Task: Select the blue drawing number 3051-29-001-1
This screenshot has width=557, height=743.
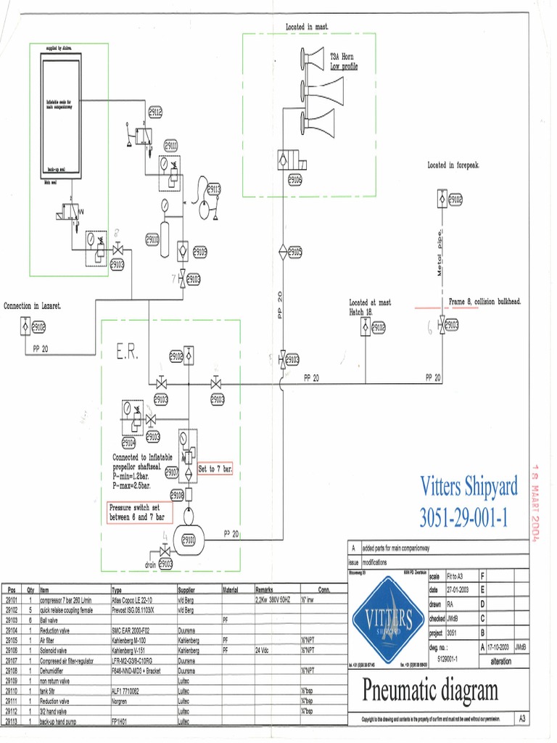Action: click(x=469, y=517)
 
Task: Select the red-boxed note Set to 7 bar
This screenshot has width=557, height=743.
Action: click(x=215, y=469)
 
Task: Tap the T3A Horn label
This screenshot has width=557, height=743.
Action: click(x=342, y=57)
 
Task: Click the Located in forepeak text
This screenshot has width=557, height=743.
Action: click(x=453, y=166)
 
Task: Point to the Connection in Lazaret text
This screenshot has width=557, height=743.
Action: click(x=33, y=306)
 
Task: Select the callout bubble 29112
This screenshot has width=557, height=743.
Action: click(x=155, y=112)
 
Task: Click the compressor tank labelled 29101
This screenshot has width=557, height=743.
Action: click(x=188, y=539)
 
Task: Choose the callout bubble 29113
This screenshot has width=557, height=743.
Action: click(x=214, y=189)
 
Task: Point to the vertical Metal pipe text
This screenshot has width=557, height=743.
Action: click(x=440, y=254)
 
